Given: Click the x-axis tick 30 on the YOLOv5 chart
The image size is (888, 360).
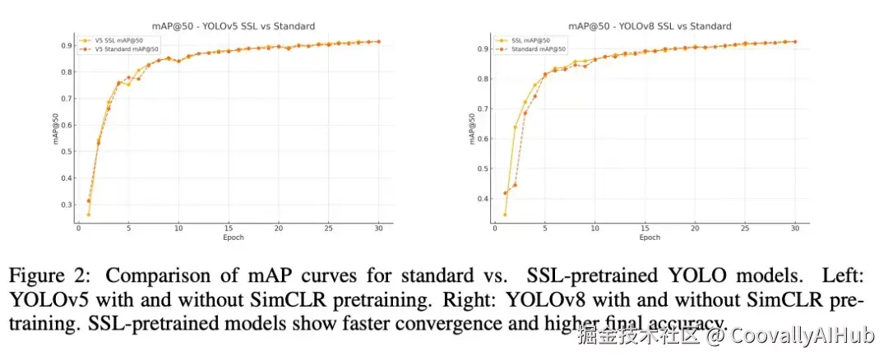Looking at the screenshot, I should [378, 229].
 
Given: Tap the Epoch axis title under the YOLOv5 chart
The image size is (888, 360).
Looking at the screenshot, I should [233, 238].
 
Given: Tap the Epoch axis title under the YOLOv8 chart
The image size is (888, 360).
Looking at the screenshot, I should [650, 238].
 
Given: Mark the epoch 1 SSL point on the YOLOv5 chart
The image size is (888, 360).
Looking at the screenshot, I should [88, 215].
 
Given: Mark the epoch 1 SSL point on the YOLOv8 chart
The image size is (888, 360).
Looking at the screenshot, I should [505, 215].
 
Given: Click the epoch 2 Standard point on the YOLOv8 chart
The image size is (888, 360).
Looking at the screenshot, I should [515, 185].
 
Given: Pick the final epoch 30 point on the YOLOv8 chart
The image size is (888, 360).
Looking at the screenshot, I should [795, 42].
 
